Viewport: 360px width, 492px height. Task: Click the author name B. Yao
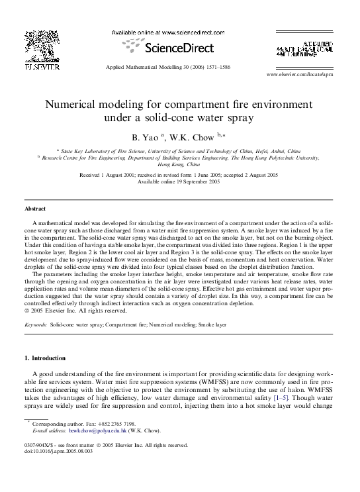(148, 138)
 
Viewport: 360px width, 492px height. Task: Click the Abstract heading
(35, 209)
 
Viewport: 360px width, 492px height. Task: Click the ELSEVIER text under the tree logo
(41, 68)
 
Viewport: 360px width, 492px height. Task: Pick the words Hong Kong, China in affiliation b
(179, 164)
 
